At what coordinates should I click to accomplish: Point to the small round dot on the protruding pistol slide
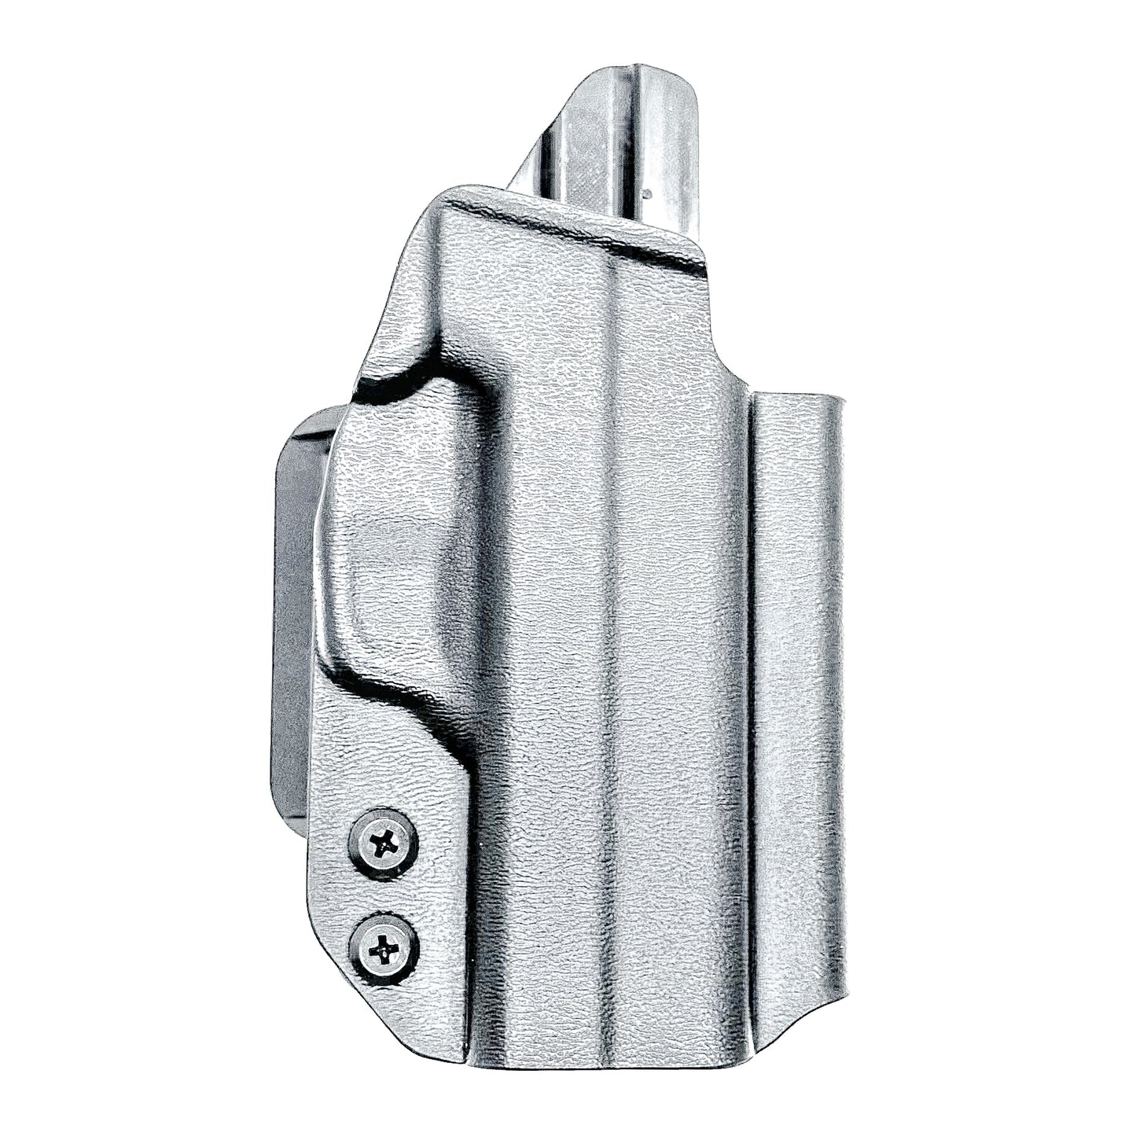(646, 191)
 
